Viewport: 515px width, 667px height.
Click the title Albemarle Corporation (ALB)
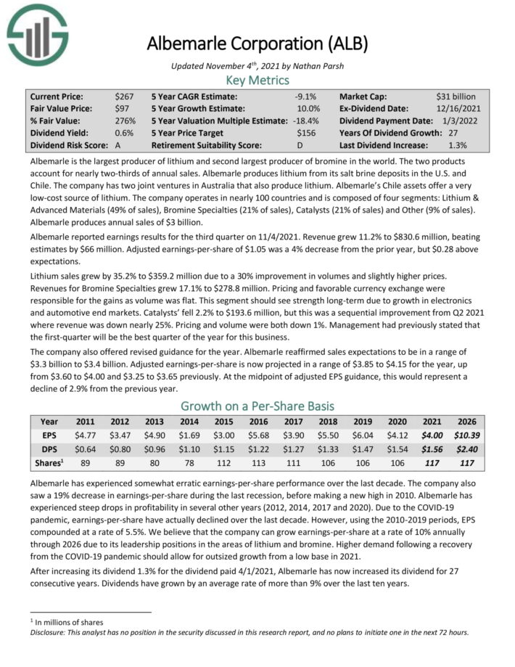[257, 44]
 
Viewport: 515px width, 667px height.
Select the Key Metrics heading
[257, 80]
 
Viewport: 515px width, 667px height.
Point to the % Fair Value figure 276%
[125, 121]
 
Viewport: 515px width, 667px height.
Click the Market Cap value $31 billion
[456, 97]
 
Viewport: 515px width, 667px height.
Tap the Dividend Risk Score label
[67, 146]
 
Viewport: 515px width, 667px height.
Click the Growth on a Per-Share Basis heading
[257, 406]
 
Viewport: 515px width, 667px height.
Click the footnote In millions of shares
[69, 622]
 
